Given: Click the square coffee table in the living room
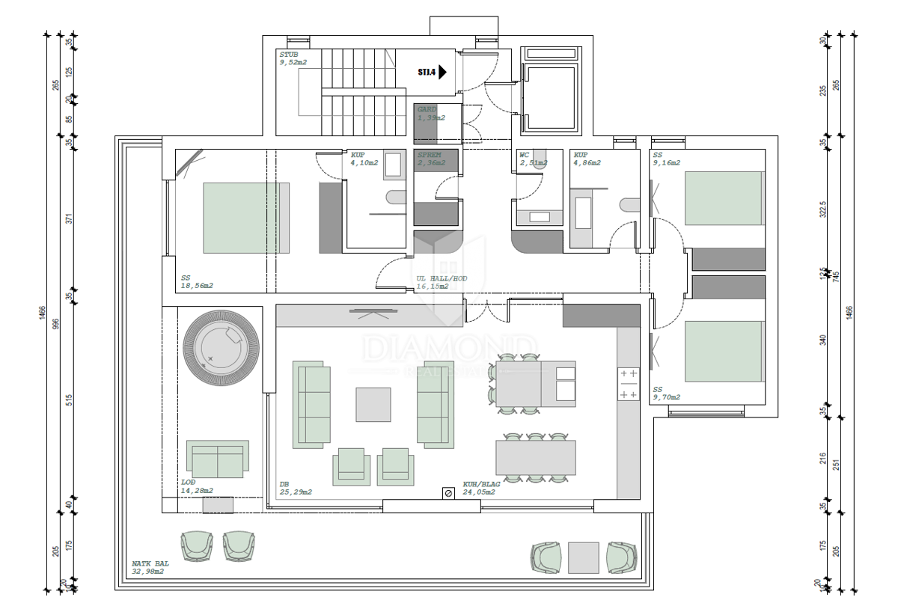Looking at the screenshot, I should pyautogui.click(x=373, y=404).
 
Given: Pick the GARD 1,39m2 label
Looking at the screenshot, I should pyautogui.click(x=431, y=114).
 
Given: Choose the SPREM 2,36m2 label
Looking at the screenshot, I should pyautogui.click(x=431, y=159).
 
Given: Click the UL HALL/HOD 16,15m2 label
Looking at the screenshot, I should pyautogui.click(x=442, y=282).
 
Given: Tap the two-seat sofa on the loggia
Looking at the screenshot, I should pyautogui.click(x=217, y=459).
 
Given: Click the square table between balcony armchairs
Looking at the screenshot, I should pyautogui.click(x=584, y=557).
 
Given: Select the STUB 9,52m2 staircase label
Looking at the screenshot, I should pyautogui.click(x=293, y=59).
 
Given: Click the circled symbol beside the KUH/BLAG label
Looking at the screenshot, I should pyautogui.click(x=448, y=493).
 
